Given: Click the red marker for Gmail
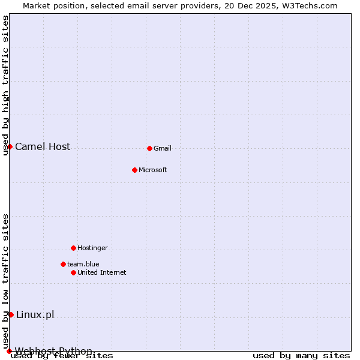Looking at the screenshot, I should [x=149, y=148].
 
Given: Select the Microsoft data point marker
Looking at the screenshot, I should [x=134, y=170].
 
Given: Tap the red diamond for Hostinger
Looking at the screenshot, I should [x=73, y=248].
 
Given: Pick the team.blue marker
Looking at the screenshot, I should [x=63, y=264].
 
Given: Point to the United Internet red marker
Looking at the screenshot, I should [x=73, y=272].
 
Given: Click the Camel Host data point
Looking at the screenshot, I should [x=10, y=146].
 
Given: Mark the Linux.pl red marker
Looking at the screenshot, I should [x=11, y=314].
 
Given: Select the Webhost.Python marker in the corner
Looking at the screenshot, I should [x=9, y=351].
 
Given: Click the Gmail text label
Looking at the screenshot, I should [x=163, y=148].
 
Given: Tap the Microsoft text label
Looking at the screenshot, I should [x=153, y=170].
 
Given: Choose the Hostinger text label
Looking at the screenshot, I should [x=92, y=248].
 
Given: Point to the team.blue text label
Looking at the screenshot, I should [x=83, y=264].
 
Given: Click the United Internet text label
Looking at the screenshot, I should [x=102, y=272].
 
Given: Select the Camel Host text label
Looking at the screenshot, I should [x=43, y=146].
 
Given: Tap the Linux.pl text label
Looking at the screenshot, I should [x=35, y=314].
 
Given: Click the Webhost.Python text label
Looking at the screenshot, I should [x=53, y=350].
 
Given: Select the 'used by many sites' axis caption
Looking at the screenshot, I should [x=301, y=356].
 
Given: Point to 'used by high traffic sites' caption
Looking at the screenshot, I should [x=5, y=85].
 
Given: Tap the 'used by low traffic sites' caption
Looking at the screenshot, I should [x=5, y=281].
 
